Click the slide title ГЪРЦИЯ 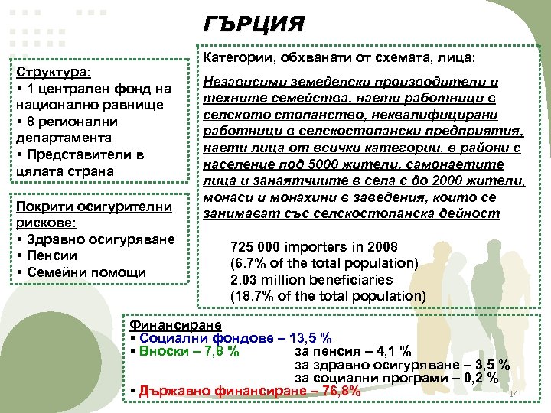254,24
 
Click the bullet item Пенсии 50,255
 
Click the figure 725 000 255,247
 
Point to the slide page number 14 514,394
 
